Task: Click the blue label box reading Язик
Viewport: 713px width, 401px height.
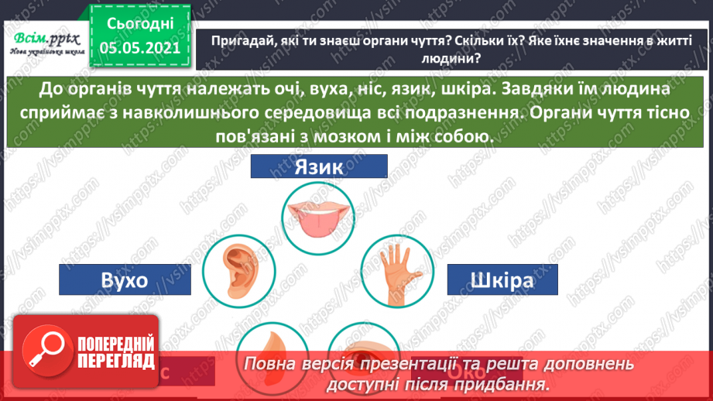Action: [319, 167]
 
